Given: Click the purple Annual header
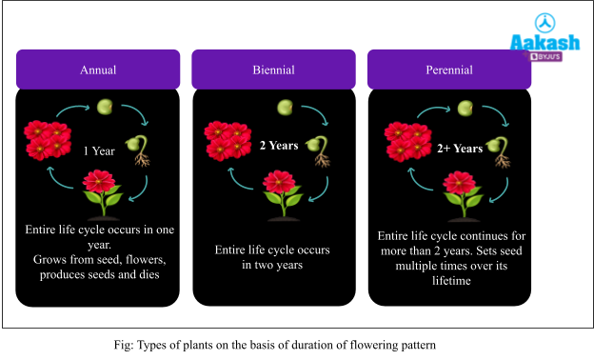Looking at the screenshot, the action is pos(98,70).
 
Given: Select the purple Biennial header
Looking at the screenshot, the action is pos(273,70).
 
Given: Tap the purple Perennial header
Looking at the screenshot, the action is pos(448,70).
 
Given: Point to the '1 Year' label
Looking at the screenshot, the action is pos(100,150).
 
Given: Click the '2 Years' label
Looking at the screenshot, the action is pos(279,146).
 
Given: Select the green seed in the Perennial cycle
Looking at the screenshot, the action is pos(465,108).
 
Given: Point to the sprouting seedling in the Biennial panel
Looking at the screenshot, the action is pos(321,150).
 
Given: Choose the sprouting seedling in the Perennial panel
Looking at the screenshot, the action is pos(500,150).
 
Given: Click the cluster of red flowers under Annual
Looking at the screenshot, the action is pos(49,139).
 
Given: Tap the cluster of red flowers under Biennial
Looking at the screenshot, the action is pos(228,139).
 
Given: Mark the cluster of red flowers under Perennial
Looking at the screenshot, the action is pos(408,140).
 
